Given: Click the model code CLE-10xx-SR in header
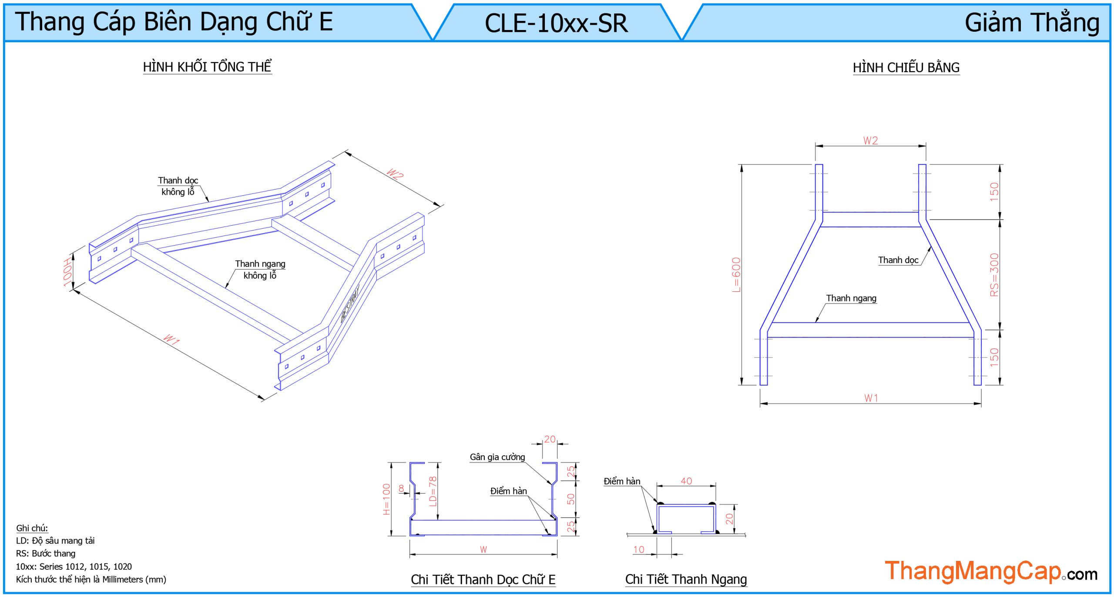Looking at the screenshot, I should pos(556,23).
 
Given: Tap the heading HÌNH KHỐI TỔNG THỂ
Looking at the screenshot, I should pos(207,67).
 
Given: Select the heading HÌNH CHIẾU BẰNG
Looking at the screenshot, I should pos(906,68).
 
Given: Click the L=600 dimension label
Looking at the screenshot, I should pos(736,275).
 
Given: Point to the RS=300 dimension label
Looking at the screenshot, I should pos(994,275).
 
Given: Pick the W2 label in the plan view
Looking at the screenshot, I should pos(870,140).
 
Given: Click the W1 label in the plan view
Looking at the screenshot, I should pos(871,398).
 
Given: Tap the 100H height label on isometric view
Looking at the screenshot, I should pos(67,273).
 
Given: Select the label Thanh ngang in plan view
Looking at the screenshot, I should pos(851,298).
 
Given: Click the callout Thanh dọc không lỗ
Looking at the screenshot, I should pos(178,186).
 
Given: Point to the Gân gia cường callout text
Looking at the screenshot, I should pos(497,457).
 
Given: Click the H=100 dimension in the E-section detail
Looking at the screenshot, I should pos(386,499).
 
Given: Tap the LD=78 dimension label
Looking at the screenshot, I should pos(432,492).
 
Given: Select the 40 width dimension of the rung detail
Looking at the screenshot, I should pos(686,481).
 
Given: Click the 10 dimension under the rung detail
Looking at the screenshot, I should pos(638,550).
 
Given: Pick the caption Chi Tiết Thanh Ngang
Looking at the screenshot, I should pos(686,580).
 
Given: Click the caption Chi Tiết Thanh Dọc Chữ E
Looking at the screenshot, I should pos(483,580).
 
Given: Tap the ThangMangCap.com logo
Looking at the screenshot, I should pos(991,572).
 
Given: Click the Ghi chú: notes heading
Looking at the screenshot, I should pos(32,528).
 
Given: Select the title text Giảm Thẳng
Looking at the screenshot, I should pos(1032,23).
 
